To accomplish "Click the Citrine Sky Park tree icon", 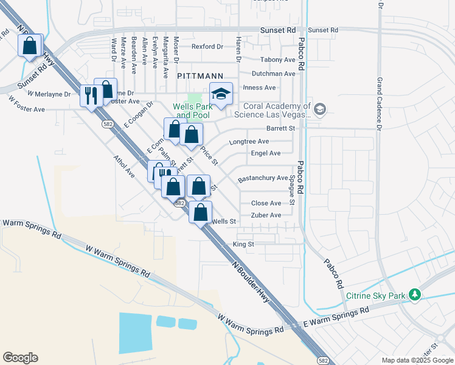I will pos(415,295).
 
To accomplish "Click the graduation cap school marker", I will pos(221,94).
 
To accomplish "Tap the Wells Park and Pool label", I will pos(192,111).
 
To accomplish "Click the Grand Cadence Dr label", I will pos(379,105).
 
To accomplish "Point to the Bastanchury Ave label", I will pos(262,178).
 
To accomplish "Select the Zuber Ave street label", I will pos(266,215).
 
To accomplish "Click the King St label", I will pos(243,245).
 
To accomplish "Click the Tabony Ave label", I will pos(277,60).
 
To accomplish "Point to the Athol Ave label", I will pos(123,165).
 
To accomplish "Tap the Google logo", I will pos(20,358).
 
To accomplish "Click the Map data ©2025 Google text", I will pos(417,360).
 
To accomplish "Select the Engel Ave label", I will pos(266,153).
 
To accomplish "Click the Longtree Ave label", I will pos(248,141).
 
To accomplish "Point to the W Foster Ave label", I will pos(27,109).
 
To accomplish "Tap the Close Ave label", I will pos(266,203).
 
